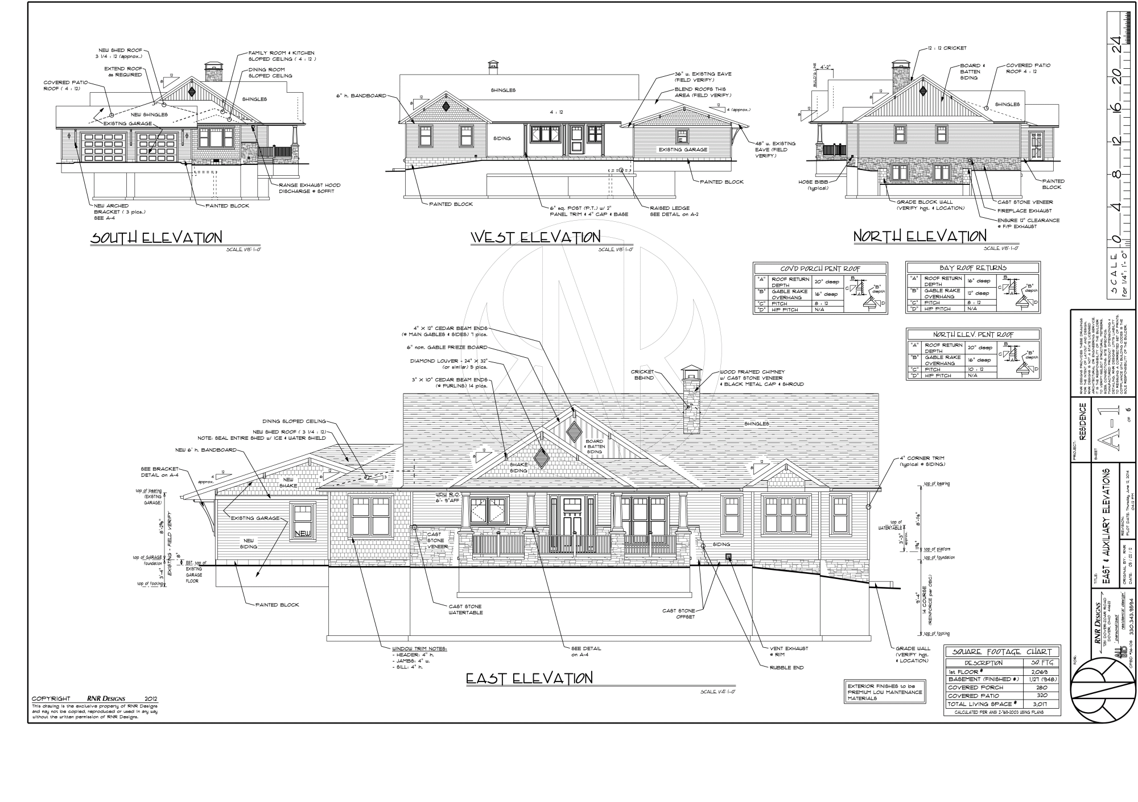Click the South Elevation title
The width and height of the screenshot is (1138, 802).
[x=156, y=238]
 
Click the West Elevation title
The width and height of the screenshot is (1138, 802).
[x=535, y=237]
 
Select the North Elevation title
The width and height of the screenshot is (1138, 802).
[x=920, y=236]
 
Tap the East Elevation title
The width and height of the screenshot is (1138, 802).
[x=529, y=678]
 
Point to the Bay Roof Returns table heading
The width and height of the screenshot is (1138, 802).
[x=972, y=267]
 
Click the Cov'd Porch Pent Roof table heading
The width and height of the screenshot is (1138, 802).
[x=820, y=268]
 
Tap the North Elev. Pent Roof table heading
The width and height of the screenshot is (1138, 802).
[x=973, y=334]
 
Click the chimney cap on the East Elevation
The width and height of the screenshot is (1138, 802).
[x=691, y=372]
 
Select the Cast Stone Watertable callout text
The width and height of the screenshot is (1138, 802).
[x=465, y=610]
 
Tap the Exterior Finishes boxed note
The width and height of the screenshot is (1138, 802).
[x=884, y=692]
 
